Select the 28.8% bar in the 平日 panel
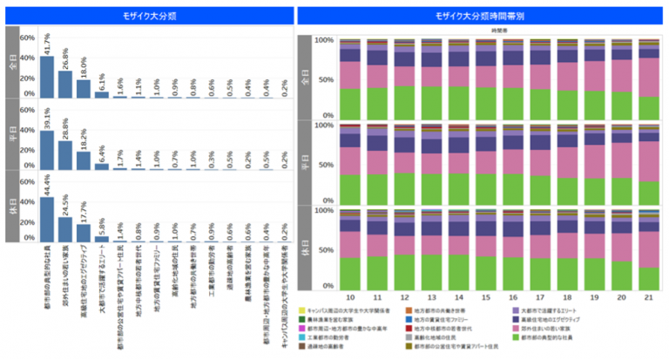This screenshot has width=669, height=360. tap(64, 153)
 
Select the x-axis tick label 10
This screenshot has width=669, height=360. tap(350, 297)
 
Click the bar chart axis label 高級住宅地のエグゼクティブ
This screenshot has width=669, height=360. tap(84, 270)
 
